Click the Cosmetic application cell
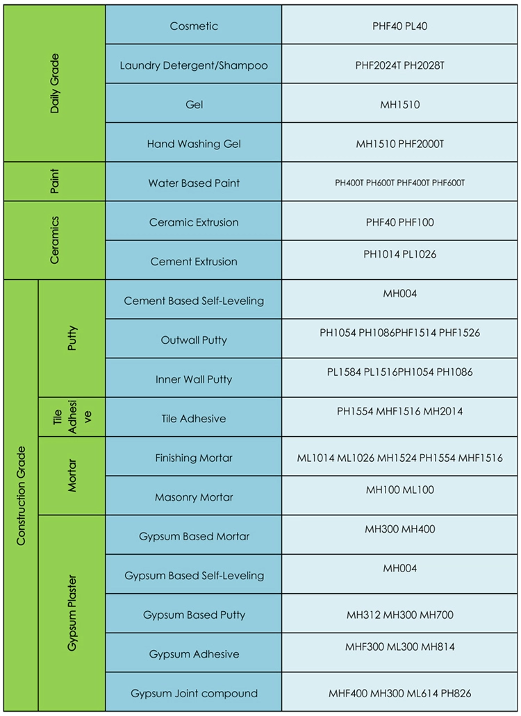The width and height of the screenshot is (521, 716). click(194, 26)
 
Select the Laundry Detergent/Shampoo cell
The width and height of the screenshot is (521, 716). click(194, 65)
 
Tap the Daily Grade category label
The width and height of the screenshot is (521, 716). click(55, 83)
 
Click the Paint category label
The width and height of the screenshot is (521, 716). click(55, 181)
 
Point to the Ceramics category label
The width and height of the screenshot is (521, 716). click(55, 240)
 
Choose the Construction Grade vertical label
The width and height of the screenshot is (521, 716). click(21, 495)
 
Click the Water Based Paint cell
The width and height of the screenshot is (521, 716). click(194, 183)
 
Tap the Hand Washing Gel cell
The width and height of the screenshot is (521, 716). click(194, 144)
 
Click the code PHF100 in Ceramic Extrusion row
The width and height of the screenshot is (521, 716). click(416, 222)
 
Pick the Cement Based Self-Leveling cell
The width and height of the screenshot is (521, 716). click(194, 301)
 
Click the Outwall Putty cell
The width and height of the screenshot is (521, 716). click(194, 340)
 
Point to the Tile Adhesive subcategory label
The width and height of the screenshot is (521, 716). click(72, 417)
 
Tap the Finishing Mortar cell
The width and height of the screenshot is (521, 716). click(194, 458)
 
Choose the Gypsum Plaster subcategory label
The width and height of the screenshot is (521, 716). click(72, 613)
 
